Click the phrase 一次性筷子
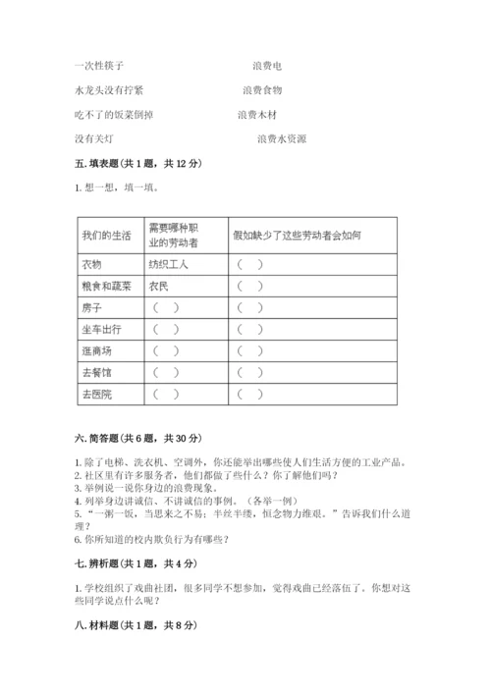tap(98, 66)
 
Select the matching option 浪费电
tap(267, 66)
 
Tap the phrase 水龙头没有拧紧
tap(108, 90)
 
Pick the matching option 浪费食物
tap(262, 90)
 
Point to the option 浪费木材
tap(257, 115)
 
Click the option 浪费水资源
tap(282, 139)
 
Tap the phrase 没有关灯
tap(95, 139)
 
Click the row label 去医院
tap(98, 394)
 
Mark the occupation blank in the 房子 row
tap(167, 307)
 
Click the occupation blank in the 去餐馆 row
tap(167, 372)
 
